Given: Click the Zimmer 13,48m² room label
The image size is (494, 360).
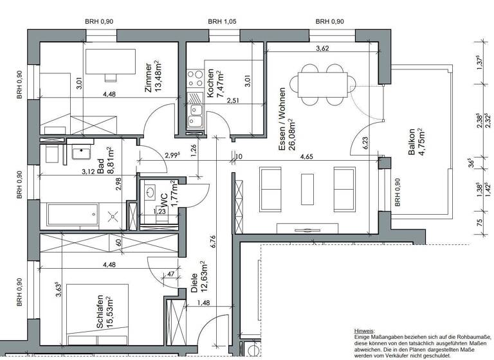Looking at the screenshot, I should click(153, 79).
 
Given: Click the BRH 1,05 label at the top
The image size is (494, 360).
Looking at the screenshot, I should click(223, 22).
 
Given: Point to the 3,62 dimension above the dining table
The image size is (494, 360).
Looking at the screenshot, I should click(324, 48).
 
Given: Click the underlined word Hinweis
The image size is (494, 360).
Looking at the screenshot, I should click(365, 329).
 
